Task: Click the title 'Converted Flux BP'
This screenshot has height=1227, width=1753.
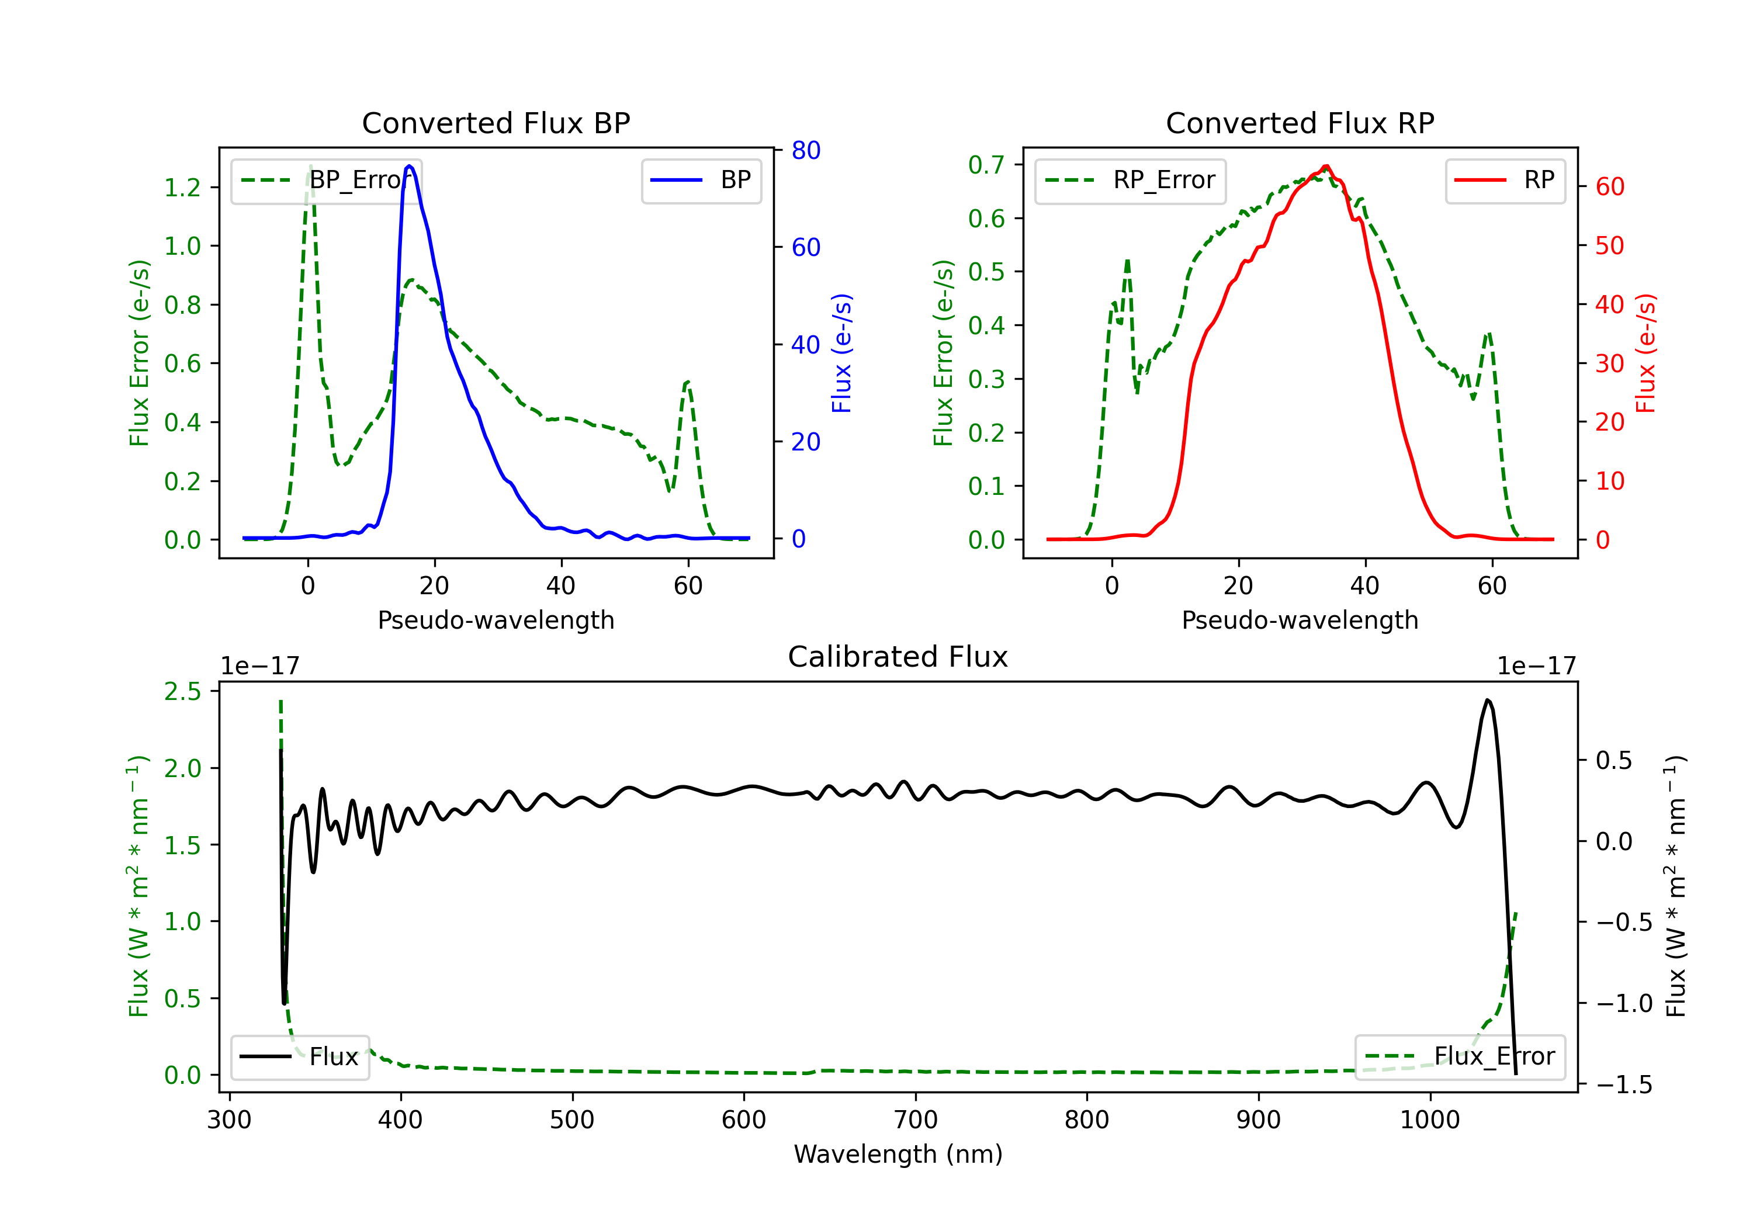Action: point(496,123)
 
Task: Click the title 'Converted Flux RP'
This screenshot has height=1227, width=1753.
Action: point(1300,123)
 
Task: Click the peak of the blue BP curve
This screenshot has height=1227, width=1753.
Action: point(410,166)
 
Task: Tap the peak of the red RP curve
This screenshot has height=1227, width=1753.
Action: point(1326,166)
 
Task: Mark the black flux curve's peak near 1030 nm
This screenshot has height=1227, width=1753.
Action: point(1487,700)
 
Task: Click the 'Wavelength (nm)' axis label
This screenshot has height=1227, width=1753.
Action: point(898,1154)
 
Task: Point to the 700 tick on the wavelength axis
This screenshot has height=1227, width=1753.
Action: point(916,1119)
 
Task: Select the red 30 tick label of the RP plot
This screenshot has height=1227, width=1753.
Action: point(1609,363)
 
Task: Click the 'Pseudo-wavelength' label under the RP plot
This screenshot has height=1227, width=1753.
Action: point(1300,620)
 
